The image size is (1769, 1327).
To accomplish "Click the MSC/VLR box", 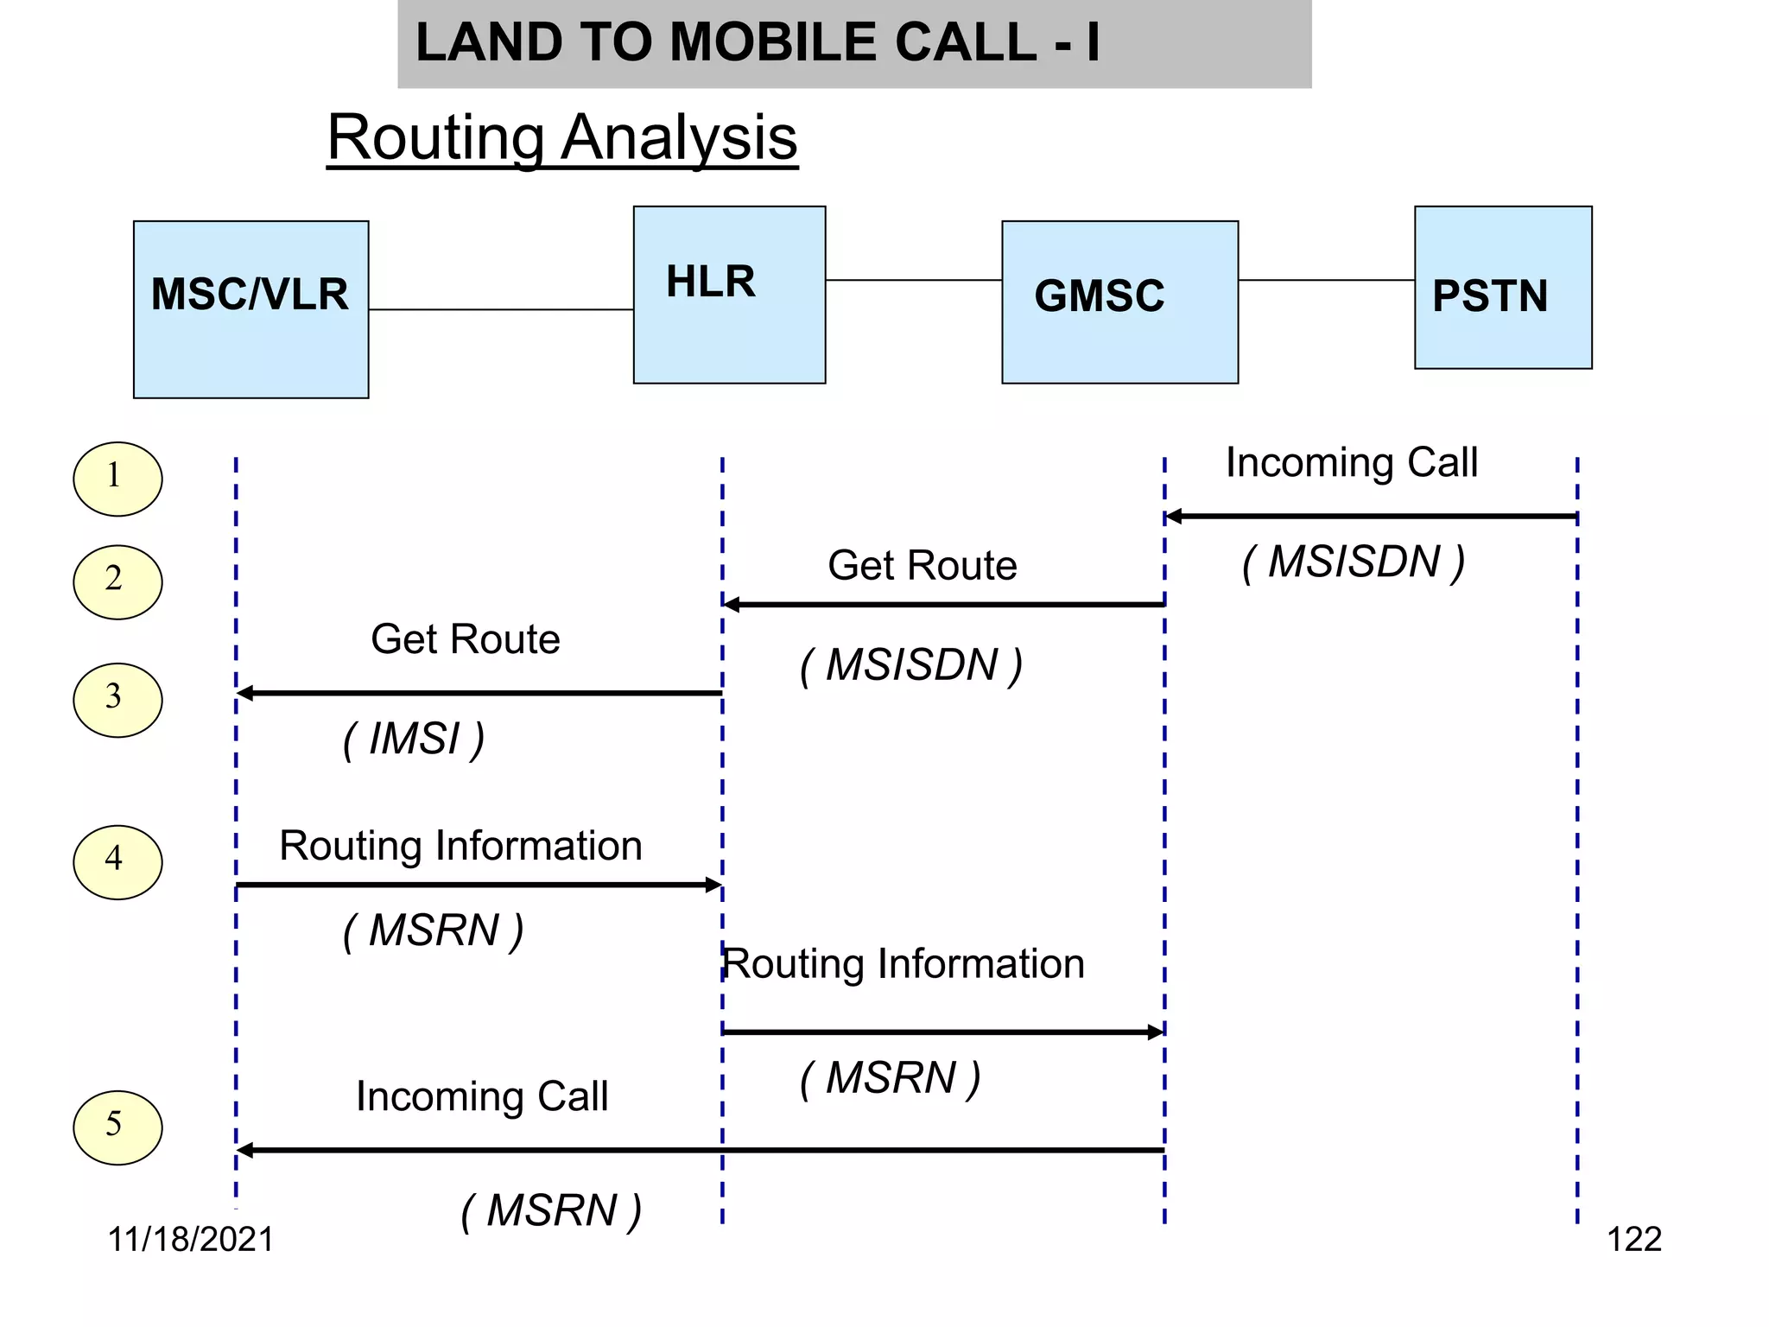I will coord(250,309).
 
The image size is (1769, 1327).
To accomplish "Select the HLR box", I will coord(729,294).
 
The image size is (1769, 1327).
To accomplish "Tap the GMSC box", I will coord(1119,302).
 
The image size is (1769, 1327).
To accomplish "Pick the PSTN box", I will coord(1502,288).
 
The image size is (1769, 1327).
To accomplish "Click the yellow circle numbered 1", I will coord(117,479).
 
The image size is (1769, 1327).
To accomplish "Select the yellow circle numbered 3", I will coord(117,700).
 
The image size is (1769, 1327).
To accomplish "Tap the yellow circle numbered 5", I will coord(117,1127).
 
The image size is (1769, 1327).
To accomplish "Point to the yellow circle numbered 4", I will coord(117,861).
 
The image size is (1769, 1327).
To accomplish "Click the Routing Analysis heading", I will coord(562,137).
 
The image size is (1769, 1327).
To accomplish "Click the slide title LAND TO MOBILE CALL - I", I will coord(758,42).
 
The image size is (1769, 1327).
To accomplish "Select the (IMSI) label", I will coord(414,740).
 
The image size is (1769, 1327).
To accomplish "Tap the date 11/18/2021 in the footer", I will coord(190,1239).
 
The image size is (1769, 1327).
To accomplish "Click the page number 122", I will coord(1633,1239).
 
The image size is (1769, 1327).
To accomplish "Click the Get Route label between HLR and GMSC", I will coord(922,566).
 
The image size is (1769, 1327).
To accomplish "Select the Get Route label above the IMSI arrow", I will coord(465,639).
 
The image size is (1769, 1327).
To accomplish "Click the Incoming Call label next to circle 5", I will coord(481,1096).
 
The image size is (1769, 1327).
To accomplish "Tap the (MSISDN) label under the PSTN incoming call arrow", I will coord(1353,562).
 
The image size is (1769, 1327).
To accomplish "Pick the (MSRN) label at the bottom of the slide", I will coord(551,1210).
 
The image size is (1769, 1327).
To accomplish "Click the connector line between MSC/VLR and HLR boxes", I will coord(501,309).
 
